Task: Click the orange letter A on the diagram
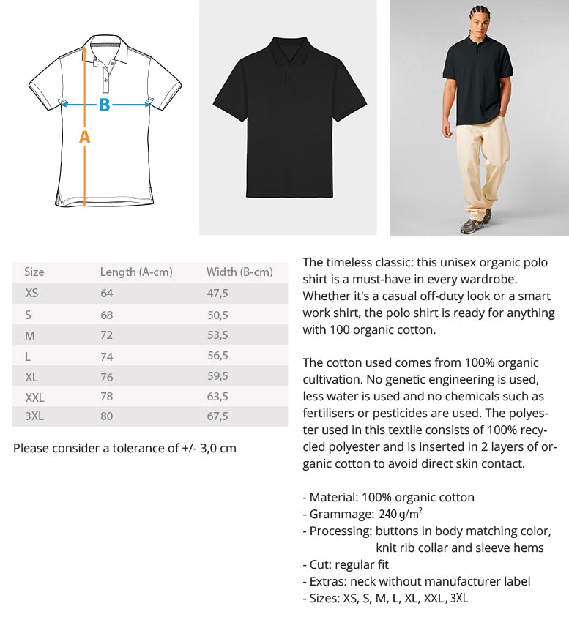click(x=84, y=137)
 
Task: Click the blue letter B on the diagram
click(x=105, y=105)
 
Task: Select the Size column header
click(x=34, y=272)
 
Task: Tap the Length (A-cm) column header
click(x=136, y=272)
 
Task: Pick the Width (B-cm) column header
click(x=239, y=272)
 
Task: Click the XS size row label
click(x=32, y=293)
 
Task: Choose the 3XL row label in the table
click(x=35, y=416)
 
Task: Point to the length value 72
click(x=107, y=335)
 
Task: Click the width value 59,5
click(x=217, y=375)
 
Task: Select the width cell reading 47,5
click(x=217, y=293)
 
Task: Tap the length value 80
click(x=107, y=416)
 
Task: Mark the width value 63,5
click(x=217, y=396)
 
